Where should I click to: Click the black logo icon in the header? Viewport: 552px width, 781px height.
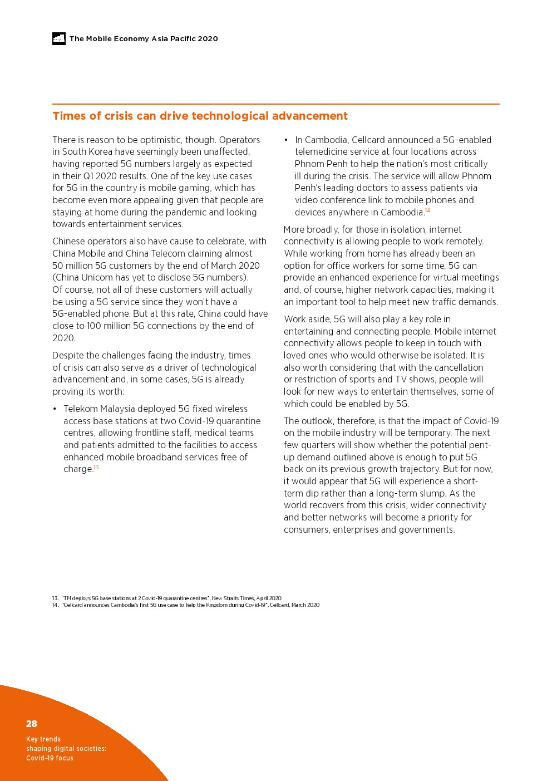(59, 38)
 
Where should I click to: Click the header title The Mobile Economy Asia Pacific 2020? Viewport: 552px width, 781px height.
(144, 39)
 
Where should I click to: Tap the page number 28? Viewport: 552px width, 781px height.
(32, 724)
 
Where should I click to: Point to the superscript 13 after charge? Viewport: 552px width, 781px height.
(96, 468)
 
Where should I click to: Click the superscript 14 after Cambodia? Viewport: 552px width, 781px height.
(427, 210)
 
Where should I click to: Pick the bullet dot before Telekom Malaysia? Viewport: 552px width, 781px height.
(55, 409)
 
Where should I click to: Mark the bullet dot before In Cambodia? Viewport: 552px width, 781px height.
(286, 140)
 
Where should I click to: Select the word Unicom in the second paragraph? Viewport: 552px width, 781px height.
(98, 277)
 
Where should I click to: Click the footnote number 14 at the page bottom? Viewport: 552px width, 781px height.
(55, 605)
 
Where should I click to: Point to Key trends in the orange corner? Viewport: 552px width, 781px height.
(43, 739)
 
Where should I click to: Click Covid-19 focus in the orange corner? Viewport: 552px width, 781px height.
(50, 758)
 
